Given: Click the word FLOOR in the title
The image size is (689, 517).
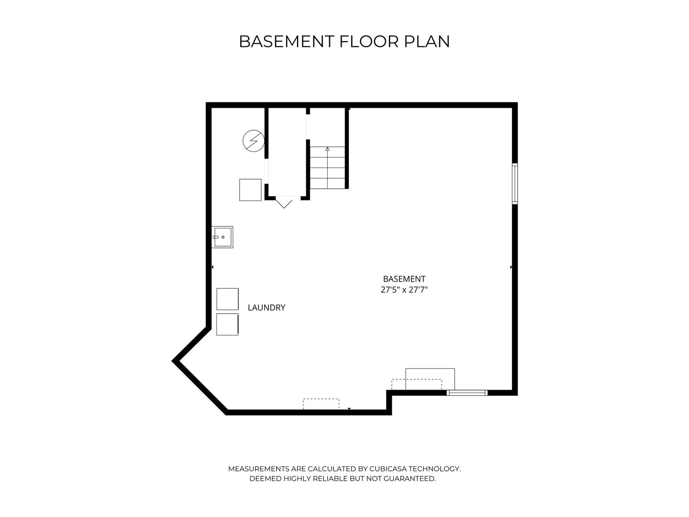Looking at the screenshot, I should tap(369, 42).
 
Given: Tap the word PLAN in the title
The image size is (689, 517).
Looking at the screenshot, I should tap(427, 42).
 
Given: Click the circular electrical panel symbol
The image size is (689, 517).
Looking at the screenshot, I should tap(253, 141).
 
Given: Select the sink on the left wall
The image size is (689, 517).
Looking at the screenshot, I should tap(223, 237).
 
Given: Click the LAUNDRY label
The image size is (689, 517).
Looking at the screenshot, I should tap(267, 308).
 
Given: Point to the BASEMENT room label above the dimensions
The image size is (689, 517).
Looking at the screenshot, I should tap(404, 279).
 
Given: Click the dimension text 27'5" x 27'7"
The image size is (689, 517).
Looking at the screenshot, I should tap(404, 290).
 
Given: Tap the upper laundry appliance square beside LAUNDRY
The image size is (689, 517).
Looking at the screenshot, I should tap(227, 299).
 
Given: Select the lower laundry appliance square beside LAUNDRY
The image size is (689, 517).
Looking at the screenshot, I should tap(227, 324).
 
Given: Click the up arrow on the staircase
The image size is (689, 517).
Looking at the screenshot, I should tap(327, 149).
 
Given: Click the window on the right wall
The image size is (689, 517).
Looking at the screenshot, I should tap(515, 184).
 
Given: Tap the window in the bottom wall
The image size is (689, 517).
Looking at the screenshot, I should tap(467, 393).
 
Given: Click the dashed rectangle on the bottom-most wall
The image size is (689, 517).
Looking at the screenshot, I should tap(321, 404).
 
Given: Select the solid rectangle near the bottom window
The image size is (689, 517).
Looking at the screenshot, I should tap(430, 379).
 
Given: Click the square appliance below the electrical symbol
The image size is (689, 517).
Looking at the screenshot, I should tap(250, 190).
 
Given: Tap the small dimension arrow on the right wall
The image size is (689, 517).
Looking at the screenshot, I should tap(511, 267).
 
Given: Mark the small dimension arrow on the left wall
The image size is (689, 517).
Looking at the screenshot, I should tap(212, 267).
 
